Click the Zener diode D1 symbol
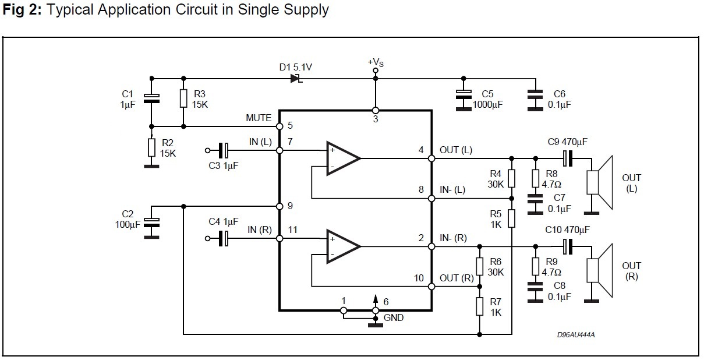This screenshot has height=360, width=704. coord(295,79)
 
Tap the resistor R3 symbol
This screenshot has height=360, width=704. coord(183,98)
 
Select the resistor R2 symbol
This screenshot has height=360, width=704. coord(151,147)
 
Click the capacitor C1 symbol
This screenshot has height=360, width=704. coord(151,98)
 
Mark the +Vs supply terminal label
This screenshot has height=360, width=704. coord(376,61)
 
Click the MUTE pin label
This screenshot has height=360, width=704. coord(259,118)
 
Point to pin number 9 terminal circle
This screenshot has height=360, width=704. coord(279,206)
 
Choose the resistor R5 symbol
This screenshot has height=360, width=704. coord(511,218)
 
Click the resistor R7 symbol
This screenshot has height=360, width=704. coord(479,306)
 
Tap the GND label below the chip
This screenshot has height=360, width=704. coord(394,318)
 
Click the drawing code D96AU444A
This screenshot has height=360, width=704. coord(579,335)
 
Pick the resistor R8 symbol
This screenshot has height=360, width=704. coord(534,178)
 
